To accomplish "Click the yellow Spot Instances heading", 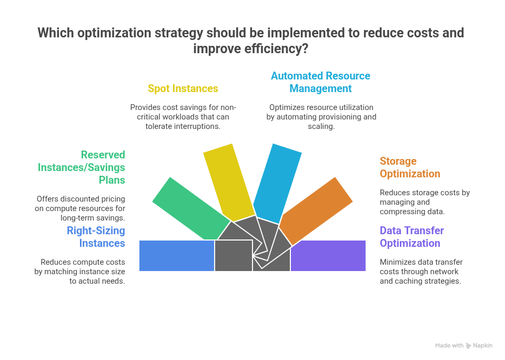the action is coord(183,88).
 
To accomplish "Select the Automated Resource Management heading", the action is coord(320,82).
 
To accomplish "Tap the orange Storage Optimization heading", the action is coord(410,167).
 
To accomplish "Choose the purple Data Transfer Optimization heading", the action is coord(411,237).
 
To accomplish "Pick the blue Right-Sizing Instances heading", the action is coord(96,237).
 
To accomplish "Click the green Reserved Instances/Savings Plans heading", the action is coord(82,167).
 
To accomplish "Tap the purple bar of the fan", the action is coord(328,256).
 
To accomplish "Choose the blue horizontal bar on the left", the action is coord(177,256).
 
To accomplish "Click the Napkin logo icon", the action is coord(468,346).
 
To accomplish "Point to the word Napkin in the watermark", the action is coord(482,345).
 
